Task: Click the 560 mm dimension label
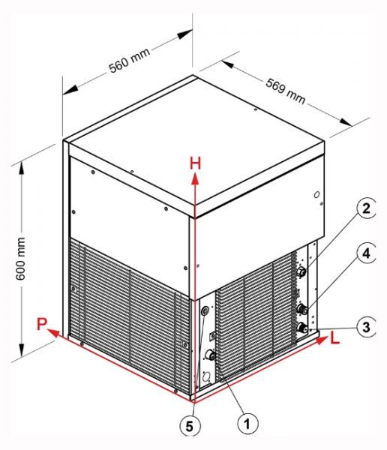[130, 61]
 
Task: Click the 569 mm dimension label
[285, 91]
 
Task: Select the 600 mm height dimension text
[21, 259]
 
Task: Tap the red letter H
[196, 163]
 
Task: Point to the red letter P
[42, 324]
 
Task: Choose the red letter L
[334, 338]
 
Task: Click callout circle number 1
[247, 424]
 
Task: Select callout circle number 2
[366, 208]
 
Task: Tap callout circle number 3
[366, 327]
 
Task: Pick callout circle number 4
[366, 253]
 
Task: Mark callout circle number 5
[190, 427]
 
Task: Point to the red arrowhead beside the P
[53, 333]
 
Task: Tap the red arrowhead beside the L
[322, 340]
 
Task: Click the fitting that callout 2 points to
[301, 271]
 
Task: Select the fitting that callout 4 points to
[302, 309]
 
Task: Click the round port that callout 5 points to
[205, 310]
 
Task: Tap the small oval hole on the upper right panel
[316, 195]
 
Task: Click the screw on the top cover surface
[255, 109]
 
